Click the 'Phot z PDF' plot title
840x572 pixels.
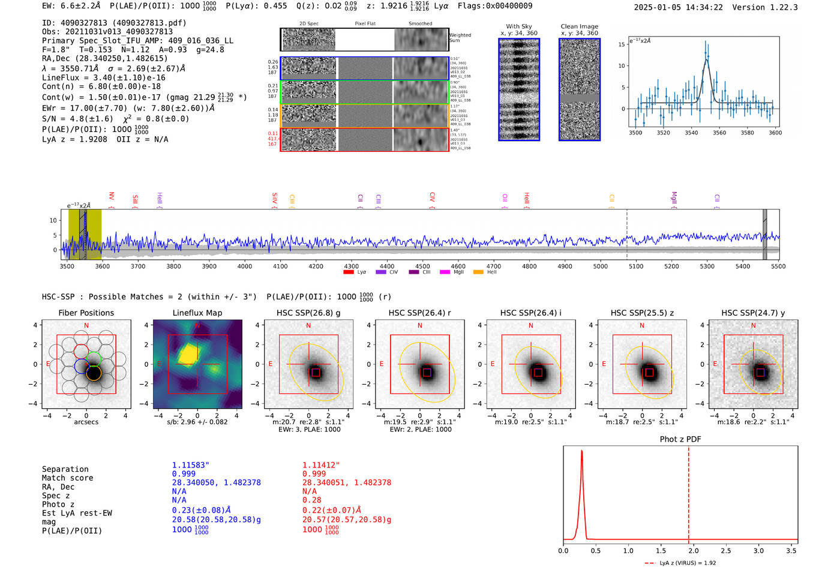click(x=680, y=439)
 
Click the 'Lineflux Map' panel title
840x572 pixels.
click(x=197, y=313)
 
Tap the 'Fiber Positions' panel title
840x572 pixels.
click(x=86, y=313)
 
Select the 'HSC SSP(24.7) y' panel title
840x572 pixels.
click(x=753, y=313)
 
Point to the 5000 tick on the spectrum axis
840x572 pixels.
click(x=600, y=266)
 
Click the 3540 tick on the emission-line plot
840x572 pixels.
click(x=691, y=133)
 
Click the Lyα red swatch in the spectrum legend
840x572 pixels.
click(x=349, y=272)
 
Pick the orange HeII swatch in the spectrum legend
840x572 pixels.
click(x=478, y=272)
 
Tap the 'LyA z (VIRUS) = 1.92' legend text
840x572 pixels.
click(x=688, y=563)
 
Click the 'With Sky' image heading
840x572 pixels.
click(x=519, y=26)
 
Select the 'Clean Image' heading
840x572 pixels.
click(x=579, y=26)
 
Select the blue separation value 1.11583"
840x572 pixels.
click(x=191, y=465)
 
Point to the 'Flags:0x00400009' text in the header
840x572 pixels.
click(x=495, y=6)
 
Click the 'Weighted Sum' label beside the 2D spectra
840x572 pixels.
click(x=460, y=38)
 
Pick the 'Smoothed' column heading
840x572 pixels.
click(x=420, y=24)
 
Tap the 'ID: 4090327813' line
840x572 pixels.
click(x=114, y=23)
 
